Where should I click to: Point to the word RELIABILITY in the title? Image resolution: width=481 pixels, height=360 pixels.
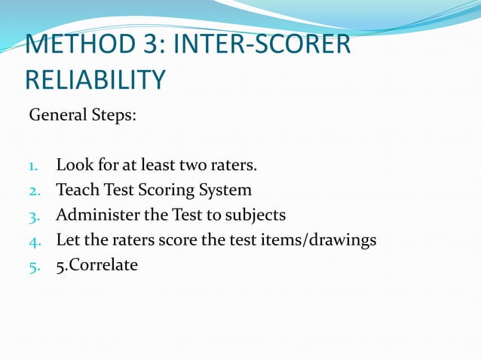pyautogui.click(x=96, y=80)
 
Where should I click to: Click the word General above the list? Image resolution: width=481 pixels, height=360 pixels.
pyautogui.click(x=57, y=117)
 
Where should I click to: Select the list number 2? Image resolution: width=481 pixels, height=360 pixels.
pyautogui.click(x=35, y=191)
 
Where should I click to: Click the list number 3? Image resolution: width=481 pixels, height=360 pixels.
pyautogui.click(x=35, y=215)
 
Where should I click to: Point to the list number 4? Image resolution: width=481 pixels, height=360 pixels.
pyautogui.click(x=35, y=240)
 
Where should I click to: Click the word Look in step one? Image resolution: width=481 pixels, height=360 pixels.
pyautogui.click(x=72, y=165)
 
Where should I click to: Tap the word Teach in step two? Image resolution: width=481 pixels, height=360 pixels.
pyautogui.click(x=75, y=190)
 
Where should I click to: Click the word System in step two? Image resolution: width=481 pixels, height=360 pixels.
pyautogui.click(x=224, y=191)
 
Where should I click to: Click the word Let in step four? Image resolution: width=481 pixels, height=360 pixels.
pyautogui.click(x=67, y=239)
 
